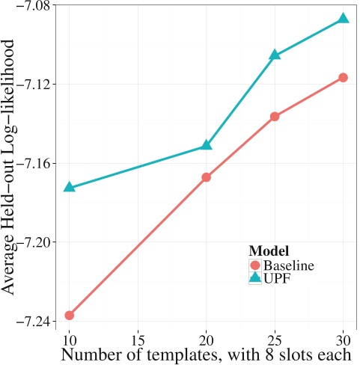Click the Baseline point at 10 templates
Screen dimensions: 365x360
(70, 315)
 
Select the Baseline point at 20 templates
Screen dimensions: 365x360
(207, 177)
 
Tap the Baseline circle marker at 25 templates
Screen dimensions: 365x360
(275, 117)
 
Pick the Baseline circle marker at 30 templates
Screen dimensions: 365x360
(344, 78)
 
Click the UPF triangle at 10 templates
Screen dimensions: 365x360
(70, 187)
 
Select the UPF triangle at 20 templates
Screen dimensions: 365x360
(207, 145)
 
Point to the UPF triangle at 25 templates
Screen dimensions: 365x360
(275, 55)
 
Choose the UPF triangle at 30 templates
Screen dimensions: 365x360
(344, 18)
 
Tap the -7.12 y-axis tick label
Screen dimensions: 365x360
(30, 84)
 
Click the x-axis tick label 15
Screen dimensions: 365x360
(138, 337)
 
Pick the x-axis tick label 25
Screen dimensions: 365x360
(275, 337)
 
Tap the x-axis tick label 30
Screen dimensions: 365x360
(344, 337)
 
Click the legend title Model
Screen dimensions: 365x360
(269, 251)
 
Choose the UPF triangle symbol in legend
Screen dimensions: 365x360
(254, 277)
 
